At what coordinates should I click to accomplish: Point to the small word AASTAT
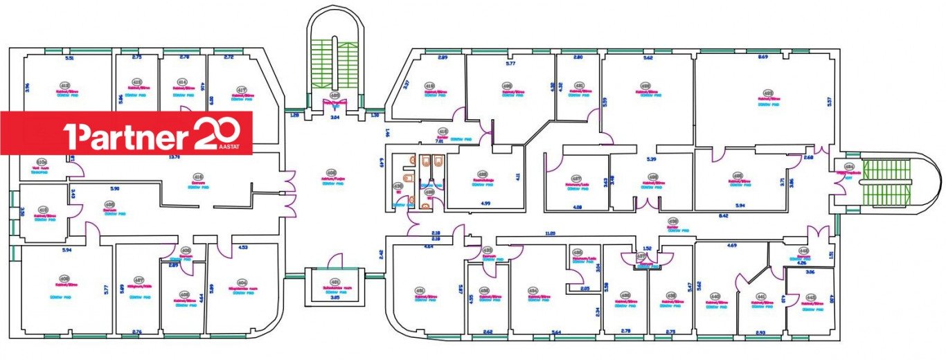coord(237,147)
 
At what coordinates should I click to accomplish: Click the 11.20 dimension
coord(551,233)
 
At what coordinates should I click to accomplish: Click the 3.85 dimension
coord(334,297)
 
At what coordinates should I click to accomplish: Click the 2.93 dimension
coord(760,333)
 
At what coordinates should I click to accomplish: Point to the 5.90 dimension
coord(114,188)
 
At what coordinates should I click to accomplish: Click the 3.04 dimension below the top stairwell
coord(334,118)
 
